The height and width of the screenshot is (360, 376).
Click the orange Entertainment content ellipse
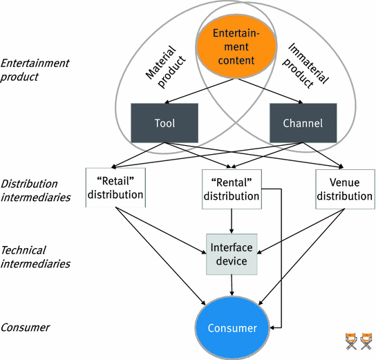tap(236, 47)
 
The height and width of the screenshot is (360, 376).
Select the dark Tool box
tap(164, 123)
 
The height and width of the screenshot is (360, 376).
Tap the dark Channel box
tap(303, 123)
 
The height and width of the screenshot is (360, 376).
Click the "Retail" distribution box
tap(115, 187)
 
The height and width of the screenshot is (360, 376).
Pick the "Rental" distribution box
tap(232, 189)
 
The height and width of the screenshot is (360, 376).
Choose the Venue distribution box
tap(345, 189)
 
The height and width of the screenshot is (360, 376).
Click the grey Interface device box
tap(232, 254)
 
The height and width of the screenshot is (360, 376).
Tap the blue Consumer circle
tap(232, 328)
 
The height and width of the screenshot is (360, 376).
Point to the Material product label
tap(165, 66)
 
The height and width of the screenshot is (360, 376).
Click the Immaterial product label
tap(305, 65)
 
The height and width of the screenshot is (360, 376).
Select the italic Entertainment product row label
tap(35, 70)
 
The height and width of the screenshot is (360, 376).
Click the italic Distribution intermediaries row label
tap(35, 191)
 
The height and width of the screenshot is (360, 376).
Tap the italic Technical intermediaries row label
tap(35, 257)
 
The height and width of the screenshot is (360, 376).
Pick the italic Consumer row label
tap(25, 328)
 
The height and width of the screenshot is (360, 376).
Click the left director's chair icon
tap(351, 341)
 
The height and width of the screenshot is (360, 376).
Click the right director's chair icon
tap(366, 341)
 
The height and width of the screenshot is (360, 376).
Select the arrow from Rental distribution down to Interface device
tap(232, 221)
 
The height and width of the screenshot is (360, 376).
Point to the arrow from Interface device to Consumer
tap(232, 285)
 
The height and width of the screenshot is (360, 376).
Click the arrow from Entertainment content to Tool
tap(200, 91)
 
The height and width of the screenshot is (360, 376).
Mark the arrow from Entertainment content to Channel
tap(270, 91)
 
